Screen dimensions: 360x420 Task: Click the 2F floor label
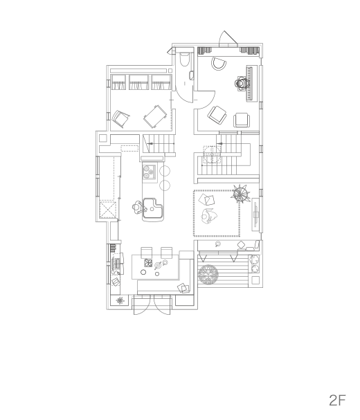pos(337,401)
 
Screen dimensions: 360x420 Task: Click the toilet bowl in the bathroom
pos(184,60)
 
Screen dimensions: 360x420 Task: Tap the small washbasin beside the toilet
pos(192,75)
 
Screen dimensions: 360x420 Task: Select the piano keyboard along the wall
pos(249,84)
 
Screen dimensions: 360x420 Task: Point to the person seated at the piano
pos(242,83)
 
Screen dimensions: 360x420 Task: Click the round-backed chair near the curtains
pos(219,64)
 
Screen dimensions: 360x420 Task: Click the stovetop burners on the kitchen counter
pos(150,172)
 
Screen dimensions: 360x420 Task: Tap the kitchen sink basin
pos(152,208)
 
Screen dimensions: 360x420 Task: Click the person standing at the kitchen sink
pos(138,207)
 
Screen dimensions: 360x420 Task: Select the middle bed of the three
pos(138,82)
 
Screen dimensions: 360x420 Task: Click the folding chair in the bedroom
pos(120,118)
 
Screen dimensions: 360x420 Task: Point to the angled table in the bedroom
pos(155,117)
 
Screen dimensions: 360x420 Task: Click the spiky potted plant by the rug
pos(240,193)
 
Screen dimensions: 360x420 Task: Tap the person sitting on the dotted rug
pos(208,216)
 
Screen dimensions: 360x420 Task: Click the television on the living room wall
pos(255,214)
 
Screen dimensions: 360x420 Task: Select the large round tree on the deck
pos(208,275)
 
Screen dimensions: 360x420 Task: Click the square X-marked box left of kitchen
pos(108,210)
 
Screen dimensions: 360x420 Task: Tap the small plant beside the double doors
pos(120,300)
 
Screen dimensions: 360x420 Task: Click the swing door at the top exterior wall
pos(228,38)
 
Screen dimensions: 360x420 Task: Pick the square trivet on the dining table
pos(148,263)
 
